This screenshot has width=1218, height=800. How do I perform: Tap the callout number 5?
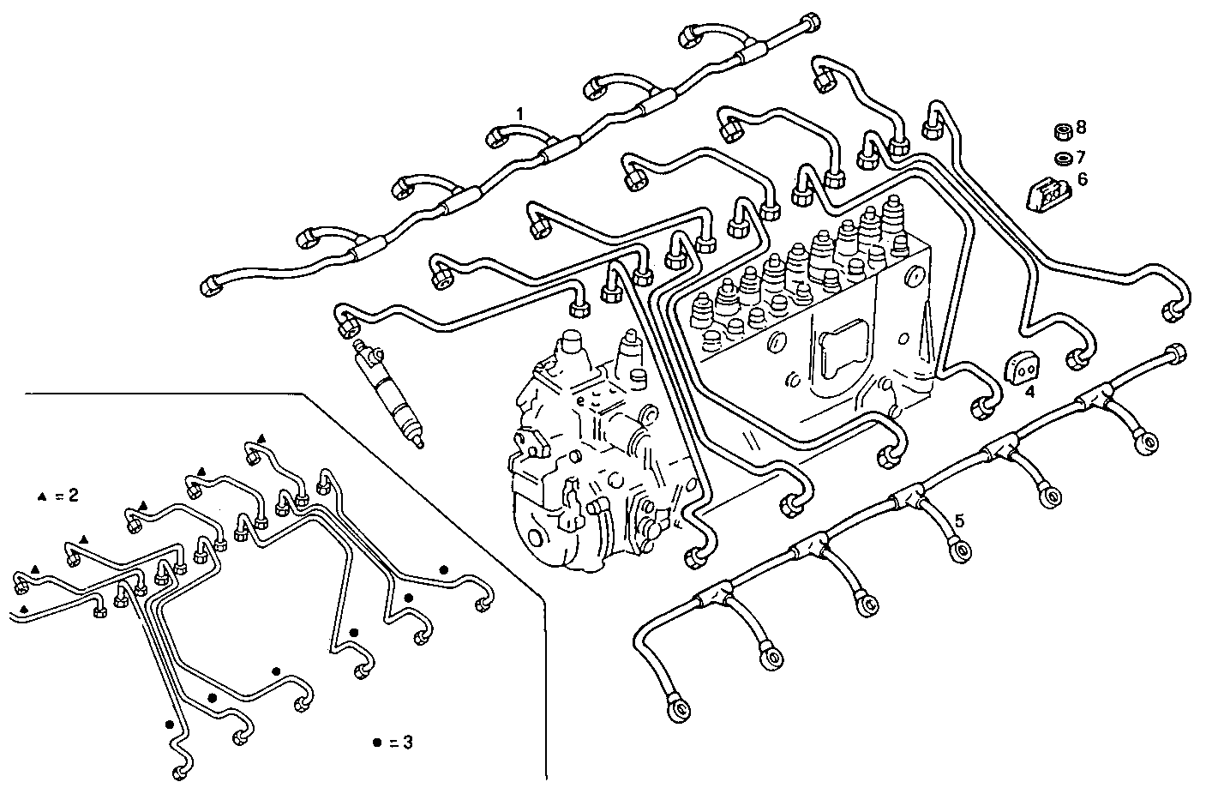click(x=960, y=520)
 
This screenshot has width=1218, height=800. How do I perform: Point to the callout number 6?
click(x=1082, y=179)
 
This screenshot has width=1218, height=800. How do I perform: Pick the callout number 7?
click(x=1081, y=157)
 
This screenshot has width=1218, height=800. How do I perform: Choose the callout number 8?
click(x=1081, y=128)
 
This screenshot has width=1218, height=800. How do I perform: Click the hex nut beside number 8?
click(x=1060, y=131)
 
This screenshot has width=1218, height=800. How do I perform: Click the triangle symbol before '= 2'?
click(x=41, y=496)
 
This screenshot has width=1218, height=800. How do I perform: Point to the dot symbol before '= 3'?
click(x=376, y=743)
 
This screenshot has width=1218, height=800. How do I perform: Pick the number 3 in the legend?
click(x=408, y=743)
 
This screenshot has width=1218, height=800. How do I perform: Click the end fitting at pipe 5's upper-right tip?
click(x=1177, y=352)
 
